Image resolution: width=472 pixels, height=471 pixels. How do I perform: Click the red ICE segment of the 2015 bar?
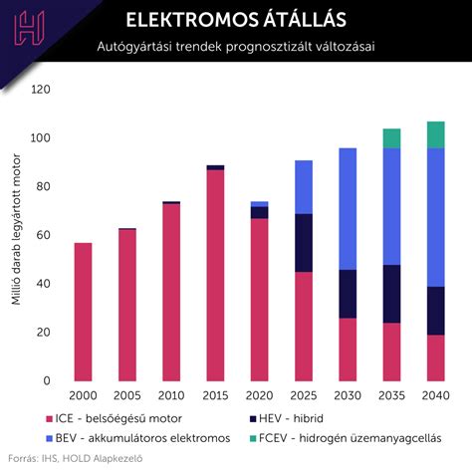[x=215, y=275]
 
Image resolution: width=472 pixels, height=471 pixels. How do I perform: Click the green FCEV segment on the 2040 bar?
[x=435, y=134]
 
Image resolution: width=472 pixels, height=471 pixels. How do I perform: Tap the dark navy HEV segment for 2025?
[x=303, y=242]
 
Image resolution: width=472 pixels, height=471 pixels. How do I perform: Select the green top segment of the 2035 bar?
[x=391, y=138]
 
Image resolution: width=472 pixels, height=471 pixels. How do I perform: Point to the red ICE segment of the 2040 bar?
[x=435, y=357]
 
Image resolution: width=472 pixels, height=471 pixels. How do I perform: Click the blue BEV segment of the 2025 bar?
[x=303, y=186]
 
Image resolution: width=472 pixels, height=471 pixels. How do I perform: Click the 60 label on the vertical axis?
[x=43, y=235]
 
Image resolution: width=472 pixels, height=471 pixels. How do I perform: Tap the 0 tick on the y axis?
[x=47, y=380]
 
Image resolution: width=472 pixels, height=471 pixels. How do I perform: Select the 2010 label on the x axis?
[x=171, y=396]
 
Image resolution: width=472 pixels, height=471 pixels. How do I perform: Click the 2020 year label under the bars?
[x=259, y=396]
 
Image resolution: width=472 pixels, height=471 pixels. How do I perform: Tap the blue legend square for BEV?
[x=50, y=438]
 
